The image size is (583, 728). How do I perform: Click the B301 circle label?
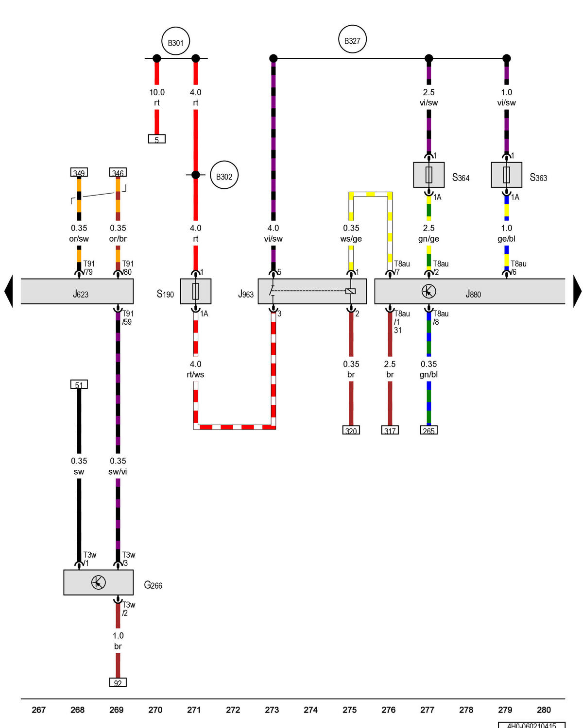(x=175, y=41)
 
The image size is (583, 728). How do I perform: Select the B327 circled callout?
(x=352, y=39)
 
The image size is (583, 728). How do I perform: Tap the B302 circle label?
(x=224, y=175)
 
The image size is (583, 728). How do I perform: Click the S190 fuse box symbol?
(x=195, y=291)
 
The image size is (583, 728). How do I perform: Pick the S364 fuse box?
(x=428, y=175)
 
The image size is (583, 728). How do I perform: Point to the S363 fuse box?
(x=506, y=175)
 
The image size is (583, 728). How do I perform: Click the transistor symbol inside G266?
(x=98, y=582)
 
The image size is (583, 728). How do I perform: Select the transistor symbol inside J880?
(x=428, y=291)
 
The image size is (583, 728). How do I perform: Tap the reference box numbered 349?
(x=79, y=172)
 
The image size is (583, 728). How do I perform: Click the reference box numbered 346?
(x=118, y=172)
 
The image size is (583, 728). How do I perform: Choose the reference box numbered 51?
(x=79, y=384)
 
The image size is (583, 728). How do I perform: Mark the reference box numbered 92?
(x=118, y=682)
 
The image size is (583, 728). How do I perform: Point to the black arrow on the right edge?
(x=577, y=291)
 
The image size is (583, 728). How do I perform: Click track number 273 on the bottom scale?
(x=272, y=710)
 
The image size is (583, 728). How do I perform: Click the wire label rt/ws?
(x=195, y=374)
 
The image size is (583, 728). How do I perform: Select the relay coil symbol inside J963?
(x=350, y=291)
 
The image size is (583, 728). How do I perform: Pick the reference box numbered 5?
(x=156, y=139)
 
